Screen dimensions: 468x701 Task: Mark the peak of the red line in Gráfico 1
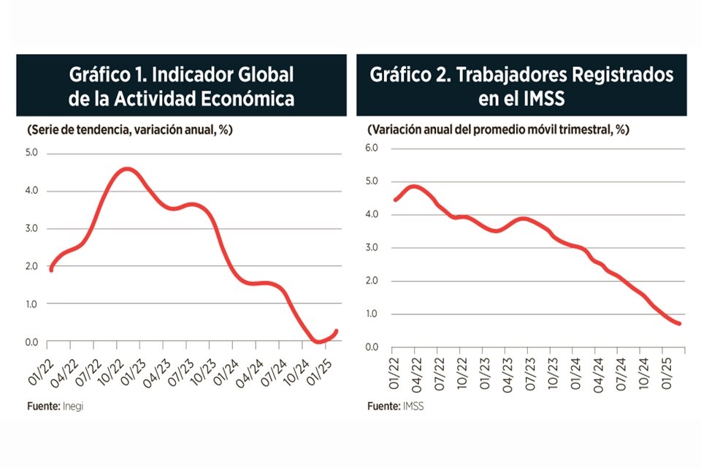point(126,169)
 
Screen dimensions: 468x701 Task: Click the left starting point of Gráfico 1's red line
point(50,270)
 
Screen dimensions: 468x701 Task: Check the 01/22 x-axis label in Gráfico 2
point(394,371)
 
